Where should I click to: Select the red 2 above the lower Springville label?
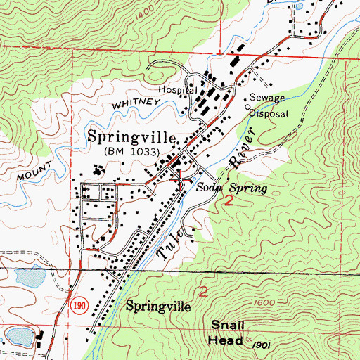tap(204, 290)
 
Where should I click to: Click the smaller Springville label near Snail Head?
tap(158, 307)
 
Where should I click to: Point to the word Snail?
tap(227, 323)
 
